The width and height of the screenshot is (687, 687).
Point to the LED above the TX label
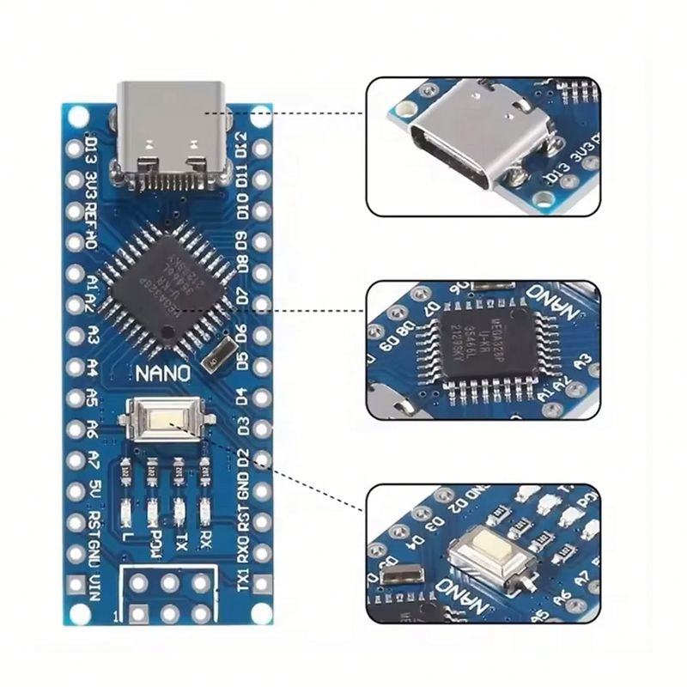pyautogui.click(x=179, y=511)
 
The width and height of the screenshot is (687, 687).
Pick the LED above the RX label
pyautogui.click(x=205, y=511)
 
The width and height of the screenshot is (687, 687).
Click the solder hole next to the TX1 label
pyautogui.click(x=263, y=585)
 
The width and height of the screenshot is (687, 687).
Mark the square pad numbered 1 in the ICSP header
pyautogui.click(x=138, y=612)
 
